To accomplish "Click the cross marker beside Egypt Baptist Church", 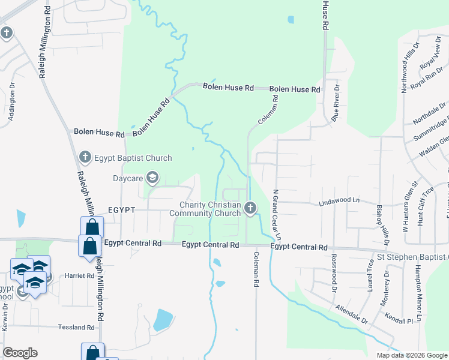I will coord(85,158).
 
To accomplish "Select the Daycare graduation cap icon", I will coord(152,178).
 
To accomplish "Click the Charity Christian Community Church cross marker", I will coord(250,208).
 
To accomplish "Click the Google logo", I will coord(20,353).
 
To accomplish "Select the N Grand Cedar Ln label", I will coord(277,214).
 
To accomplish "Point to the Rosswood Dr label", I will coord(334,269).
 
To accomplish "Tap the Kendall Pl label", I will coord(402,321).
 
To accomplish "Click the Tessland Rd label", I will coord(77,328).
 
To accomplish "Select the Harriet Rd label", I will coord(82,276).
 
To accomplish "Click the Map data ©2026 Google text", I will coord(411,355).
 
